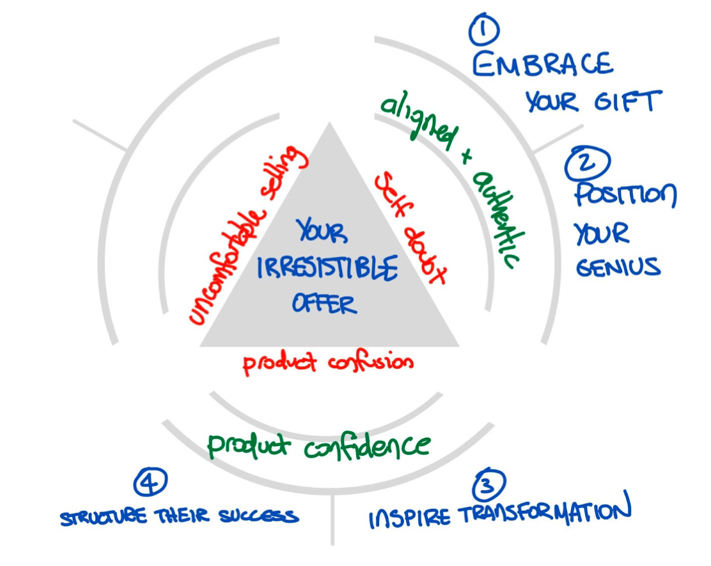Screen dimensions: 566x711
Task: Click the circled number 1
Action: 484,30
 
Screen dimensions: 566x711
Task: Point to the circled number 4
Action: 150,482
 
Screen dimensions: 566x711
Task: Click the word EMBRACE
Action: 543,65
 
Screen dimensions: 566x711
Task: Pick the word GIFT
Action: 631,102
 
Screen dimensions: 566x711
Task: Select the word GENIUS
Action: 618,267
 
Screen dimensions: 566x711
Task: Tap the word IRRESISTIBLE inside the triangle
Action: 327,269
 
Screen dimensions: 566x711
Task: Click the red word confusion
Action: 371,362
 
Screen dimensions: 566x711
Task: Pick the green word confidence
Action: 367,445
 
